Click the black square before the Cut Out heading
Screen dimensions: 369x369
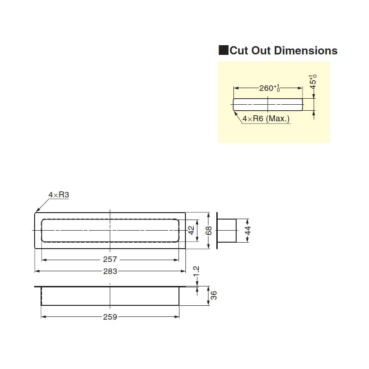(x=223, y=50)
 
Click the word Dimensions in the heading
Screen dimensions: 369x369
(x=306, y=50)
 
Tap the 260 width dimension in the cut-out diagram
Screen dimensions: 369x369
(x=267, y=88)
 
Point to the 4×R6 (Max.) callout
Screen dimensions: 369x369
(x=266, y=119)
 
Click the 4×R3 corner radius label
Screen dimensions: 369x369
(x=59, y=195)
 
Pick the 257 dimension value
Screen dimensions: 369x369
(x=110, y=260)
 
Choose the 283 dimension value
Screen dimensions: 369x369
(x=110, y=271)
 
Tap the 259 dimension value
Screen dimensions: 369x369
(x=110, y=317)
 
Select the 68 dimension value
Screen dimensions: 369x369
(x=208, y=230)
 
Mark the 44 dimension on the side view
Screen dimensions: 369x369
(x=247, y=230)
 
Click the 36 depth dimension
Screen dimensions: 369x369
(x=213, y=295)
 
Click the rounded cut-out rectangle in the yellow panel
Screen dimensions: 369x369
(x=268, y=104)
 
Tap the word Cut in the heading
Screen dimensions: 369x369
(x=239, y=50)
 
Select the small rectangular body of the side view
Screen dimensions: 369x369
(x=227, y=230)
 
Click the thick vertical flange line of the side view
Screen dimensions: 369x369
(x=217, y=230)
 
